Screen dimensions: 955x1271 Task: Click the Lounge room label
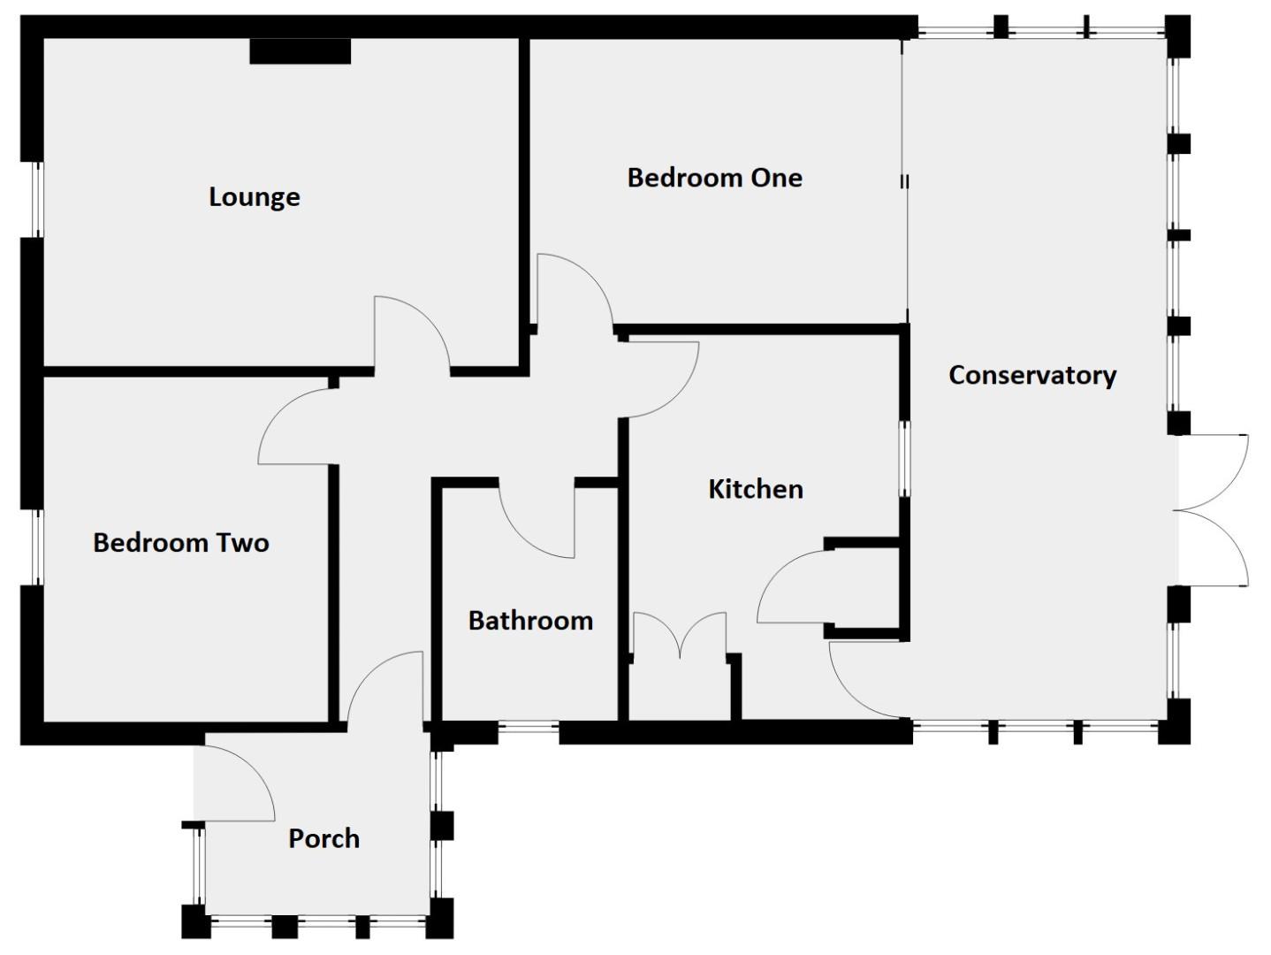(x=254, y=196)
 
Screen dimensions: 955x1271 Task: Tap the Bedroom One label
(x=714, y=178)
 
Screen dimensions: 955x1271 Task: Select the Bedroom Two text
(x=180, y=542)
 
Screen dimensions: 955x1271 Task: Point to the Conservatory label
(x=1031, y=375)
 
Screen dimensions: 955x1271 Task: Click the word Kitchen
(x=756, y=489)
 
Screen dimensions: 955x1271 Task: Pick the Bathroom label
(x=530, y=621)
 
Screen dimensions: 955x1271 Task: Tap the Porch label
(x=323, y=838)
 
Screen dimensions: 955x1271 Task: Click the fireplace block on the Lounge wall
(x=301, y=51)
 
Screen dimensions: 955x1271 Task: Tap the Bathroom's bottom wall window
(x=528, y=731)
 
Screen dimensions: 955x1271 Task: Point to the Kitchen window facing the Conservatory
(x=905, y=458)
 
